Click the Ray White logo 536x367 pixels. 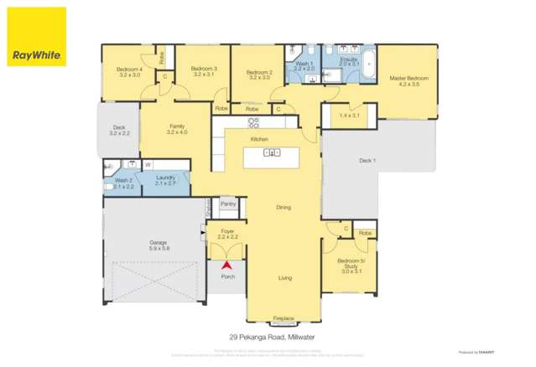point(36,38)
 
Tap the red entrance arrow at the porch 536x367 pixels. point(225,266)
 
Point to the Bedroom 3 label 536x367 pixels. point(204,70)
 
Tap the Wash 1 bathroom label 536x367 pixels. point(304,64)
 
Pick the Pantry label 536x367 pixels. point(227,203)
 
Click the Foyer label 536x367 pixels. point(227,232)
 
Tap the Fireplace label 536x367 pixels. point(284,318)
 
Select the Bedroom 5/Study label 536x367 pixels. point(350,266)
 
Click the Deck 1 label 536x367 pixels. point(367,160)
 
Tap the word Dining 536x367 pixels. point(284,207)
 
